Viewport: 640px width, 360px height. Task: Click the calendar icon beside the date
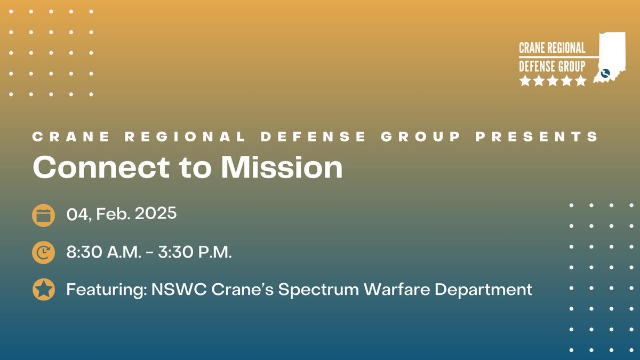43,215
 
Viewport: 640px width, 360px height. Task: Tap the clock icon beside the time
43,252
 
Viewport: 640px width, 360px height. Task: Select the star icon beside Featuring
43,290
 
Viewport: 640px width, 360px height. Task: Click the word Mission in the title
282,167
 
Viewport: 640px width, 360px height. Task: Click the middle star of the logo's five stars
553,81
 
